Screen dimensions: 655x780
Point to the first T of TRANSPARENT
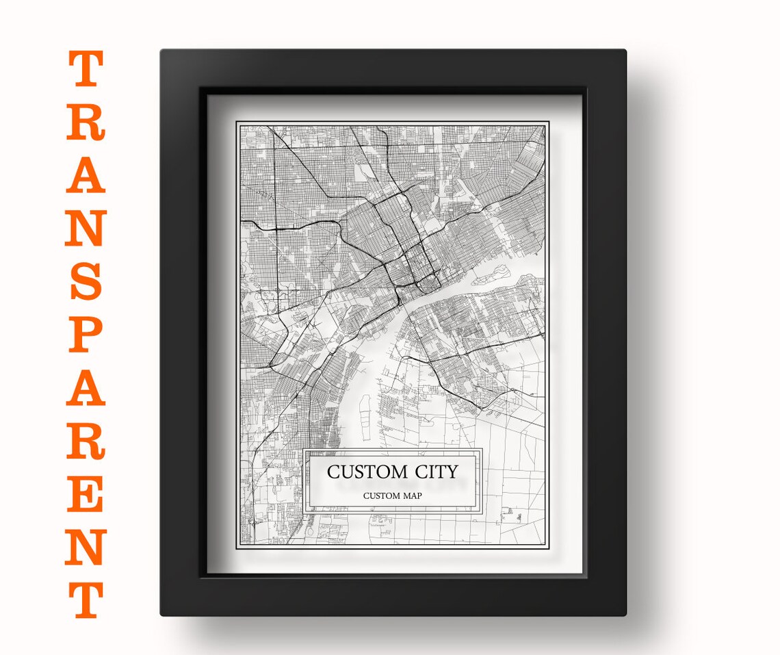click(86, 69)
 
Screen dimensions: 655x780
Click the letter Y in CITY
click(452, 472)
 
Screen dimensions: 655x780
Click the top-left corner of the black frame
click(163, 51)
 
